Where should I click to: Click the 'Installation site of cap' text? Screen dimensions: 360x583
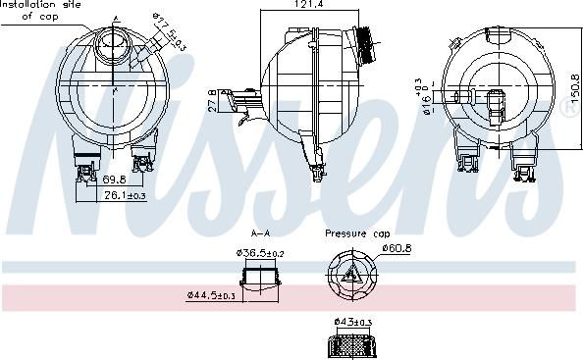(41, 10)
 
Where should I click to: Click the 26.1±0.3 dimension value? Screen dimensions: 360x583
(126, 196)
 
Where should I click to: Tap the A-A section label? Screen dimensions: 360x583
(261, 233)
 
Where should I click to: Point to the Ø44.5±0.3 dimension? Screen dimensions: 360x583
(211, 294)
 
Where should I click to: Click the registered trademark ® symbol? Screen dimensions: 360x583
(568, 111)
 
